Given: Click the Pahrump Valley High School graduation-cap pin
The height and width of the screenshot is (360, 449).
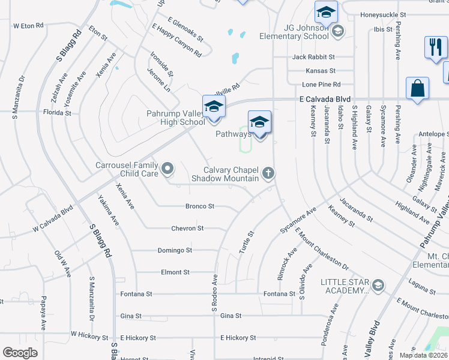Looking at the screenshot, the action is [x=214, y=107].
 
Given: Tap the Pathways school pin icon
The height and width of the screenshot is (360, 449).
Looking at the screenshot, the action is [x=259, y=122].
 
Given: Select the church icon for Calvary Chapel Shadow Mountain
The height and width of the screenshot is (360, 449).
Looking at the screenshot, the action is [x=268, y=173].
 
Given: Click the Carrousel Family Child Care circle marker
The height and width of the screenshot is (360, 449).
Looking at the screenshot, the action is [x=167, y=169].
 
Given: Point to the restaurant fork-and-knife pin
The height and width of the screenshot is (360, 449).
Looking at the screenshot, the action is [x=434, y=47].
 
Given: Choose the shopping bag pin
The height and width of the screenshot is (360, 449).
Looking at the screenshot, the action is [x=417, y=89].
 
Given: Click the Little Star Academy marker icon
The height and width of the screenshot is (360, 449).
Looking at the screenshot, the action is [x=378, y=284].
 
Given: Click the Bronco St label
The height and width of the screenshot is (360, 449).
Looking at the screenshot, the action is [x=200, y=206].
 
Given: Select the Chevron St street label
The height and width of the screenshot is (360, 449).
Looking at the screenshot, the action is [x=188, y=229].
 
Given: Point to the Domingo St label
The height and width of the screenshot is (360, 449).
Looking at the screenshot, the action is [x=175, y=250].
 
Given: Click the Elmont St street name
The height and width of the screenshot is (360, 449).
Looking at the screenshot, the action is [x=175, y=272].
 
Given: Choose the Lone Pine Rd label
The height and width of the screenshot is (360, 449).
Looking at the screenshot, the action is [x=321, y=85].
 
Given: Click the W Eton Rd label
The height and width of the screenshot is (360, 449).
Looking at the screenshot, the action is [x=29, y=26].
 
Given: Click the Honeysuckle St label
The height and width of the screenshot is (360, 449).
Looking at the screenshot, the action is [x=383, y=14].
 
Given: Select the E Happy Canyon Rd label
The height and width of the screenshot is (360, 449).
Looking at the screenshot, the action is [x=176, y=41].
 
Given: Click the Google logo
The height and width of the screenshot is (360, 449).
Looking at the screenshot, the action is [x=20, y=353].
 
